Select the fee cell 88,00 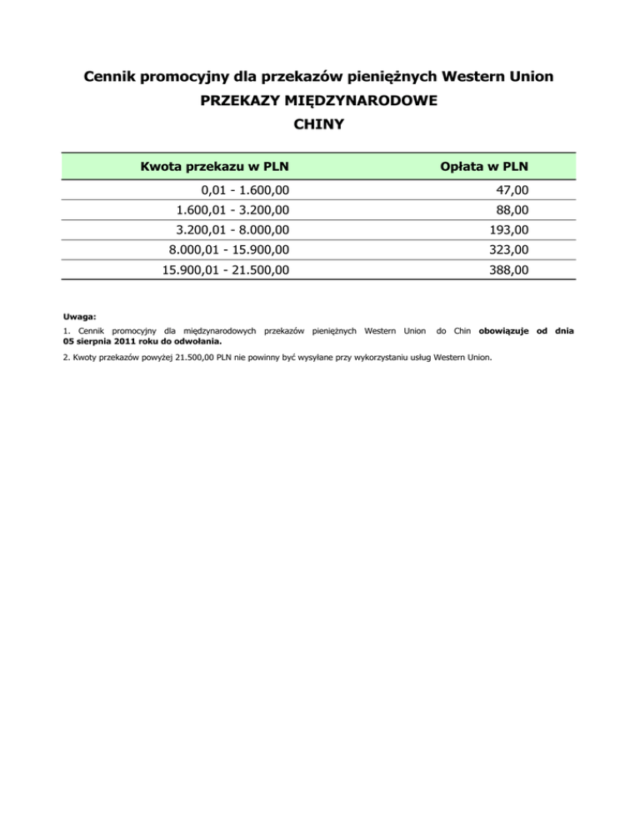(509, 210)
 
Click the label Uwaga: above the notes (79, 317)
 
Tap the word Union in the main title (530, 78)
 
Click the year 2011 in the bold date (130, 340)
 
